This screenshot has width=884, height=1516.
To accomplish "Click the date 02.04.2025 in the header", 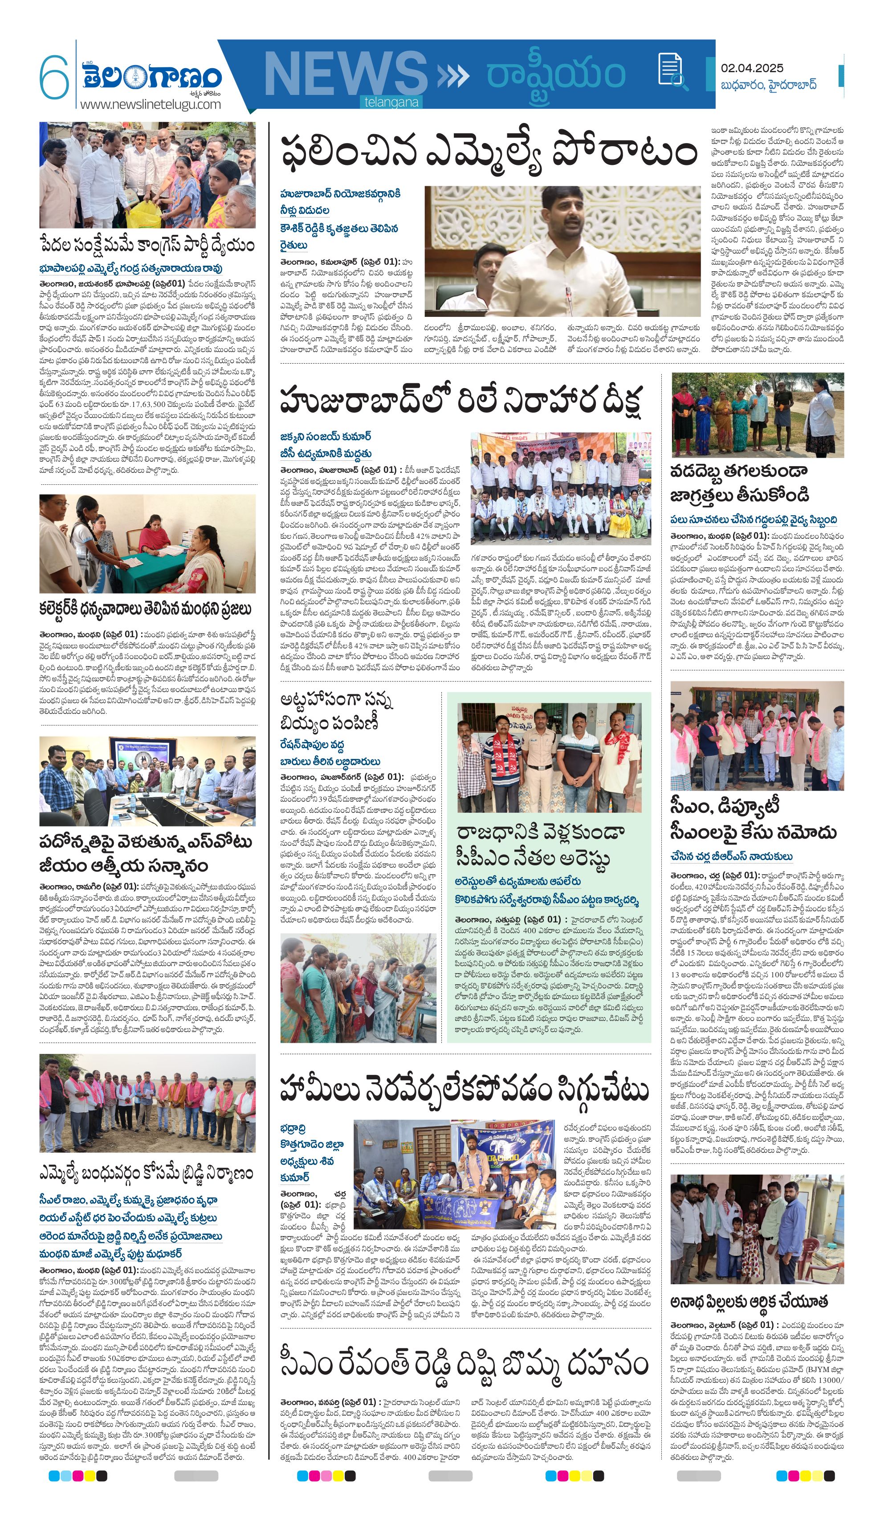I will (752, 68).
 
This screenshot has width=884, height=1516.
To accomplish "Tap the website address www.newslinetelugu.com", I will (151, 104).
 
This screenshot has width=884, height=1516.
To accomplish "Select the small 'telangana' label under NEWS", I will (391, 102).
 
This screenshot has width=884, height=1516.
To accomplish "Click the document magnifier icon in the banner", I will (673, 71).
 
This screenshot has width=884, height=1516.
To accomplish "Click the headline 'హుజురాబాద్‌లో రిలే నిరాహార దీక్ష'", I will (461, 399).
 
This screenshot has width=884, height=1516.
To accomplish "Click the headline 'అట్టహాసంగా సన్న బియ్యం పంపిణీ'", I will (337, 712).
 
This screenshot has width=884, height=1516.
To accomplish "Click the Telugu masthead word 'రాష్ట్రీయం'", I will (556, 75).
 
